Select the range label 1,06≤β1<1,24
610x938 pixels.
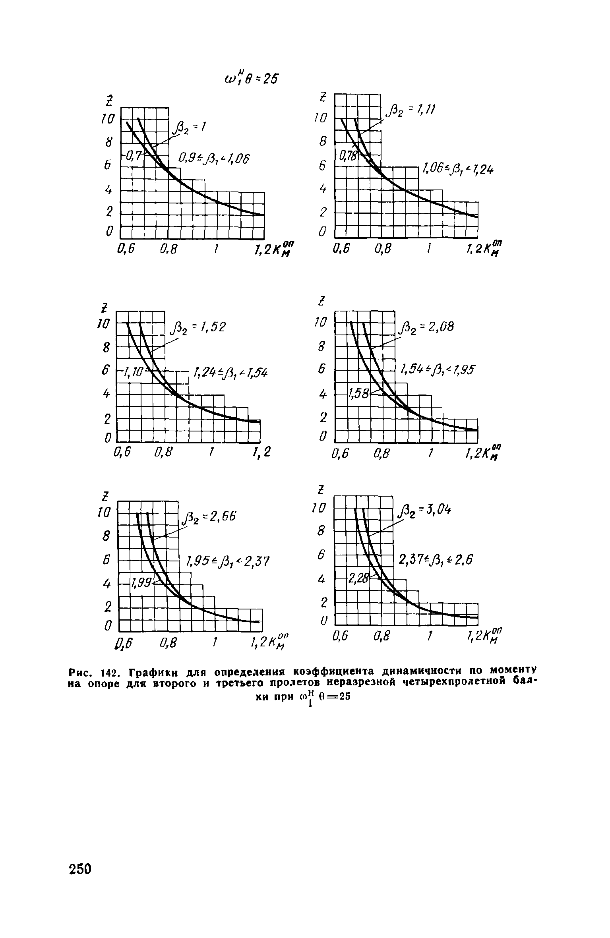[x=459, y=170]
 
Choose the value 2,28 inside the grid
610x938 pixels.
[x=358, y=578]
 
